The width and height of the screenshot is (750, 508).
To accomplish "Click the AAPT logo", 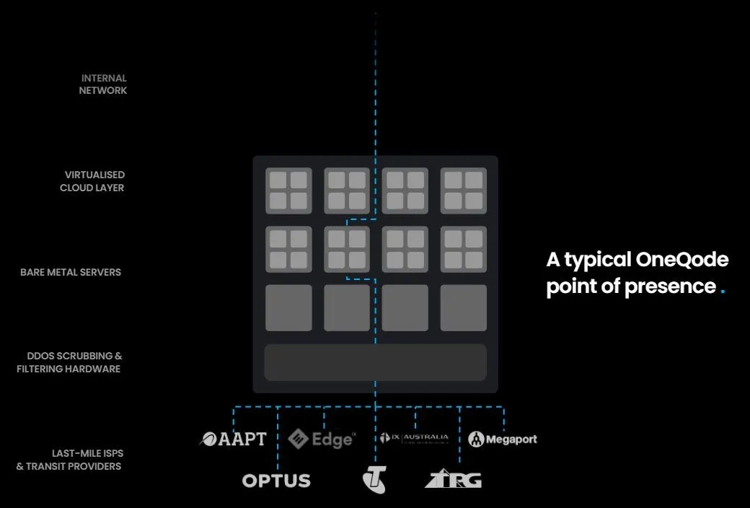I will tap(233, 439).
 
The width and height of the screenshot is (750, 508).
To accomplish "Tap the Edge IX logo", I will tap(322, 439).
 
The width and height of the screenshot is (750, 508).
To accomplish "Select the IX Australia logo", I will tap(414, 438).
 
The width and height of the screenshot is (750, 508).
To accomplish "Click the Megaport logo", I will tap(503, 439).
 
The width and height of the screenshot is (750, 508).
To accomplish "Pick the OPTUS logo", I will tap(276, 481).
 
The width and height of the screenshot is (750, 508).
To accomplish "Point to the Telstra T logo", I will tap(374, 480).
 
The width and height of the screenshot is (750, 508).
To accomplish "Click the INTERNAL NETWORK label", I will tap(104, 84).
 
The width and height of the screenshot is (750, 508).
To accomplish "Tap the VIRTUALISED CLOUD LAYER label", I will tap(93, 181).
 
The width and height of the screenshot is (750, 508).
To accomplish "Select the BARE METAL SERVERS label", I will tap(71, 272).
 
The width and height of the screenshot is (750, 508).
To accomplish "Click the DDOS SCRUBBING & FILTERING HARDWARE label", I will tap(70, 362).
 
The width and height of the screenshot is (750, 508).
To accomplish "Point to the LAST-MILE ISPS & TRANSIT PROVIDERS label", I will tap(69, 460).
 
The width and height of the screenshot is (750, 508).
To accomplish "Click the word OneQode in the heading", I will tap(682, 260).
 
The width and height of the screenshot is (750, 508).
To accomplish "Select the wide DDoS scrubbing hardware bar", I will tap(375, 362).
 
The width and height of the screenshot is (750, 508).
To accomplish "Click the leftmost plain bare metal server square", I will tap(288, 308).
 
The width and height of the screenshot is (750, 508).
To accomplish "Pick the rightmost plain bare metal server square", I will tap(463, 308).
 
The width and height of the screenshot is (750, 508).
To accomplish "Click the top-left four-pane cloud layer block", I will tap(288, 190).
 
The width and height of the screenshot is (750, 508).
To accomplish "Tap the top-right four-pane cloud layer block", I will tap(463, 190).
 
